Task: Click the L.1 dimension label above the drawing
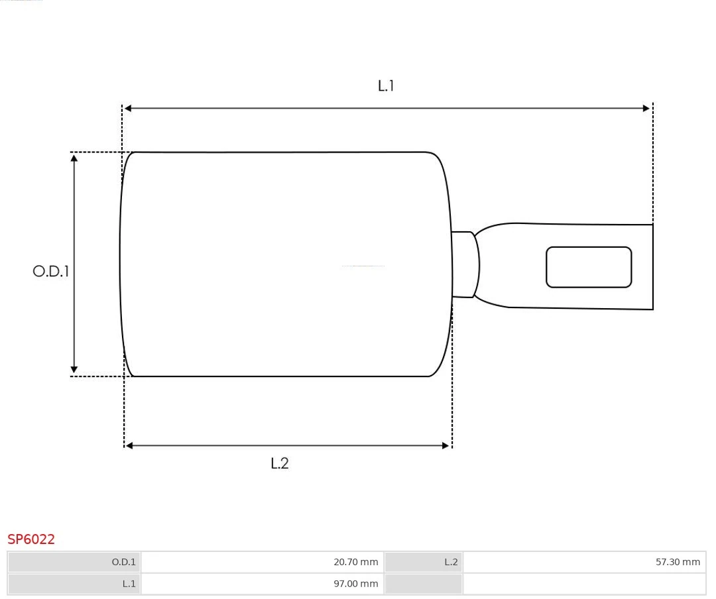(386, 85)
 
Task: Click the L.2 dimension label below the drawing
(280, 463)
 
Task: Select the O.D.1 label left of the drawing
(51, 271)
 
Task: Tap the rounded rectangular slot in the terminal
(589, 267)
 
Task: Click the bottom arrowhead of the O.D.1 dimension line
(74, 370)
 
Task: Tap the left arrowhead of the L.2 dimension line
(129, 446)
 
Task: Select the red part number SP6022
(31, 539)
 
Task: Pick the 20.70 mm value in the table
(355, 562)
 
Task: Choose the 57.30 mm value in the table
(678, 562)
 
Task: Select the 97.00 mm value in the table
(355, 584)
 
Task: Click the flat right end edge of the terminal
(653, 267)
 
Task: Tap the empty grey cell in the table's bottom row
(423, 584)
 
